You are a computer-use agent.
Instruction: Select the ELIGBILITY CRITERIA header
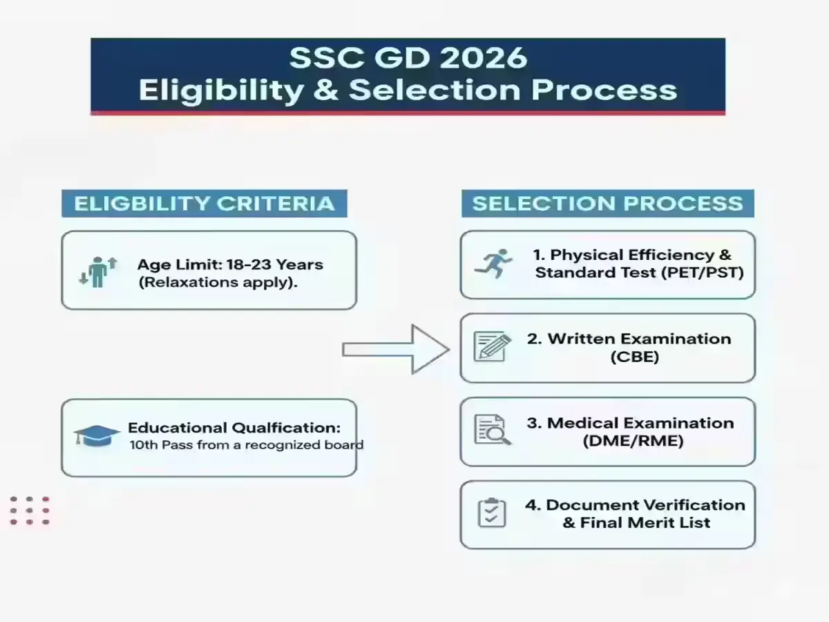click(204, 204)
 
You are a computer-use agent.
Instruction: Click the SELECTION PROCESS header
click(607, 204)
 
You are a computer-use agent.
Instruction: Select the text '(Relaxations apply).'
click(218, 282)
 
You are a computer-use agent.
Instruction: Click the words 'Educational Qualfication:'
click(234, 428)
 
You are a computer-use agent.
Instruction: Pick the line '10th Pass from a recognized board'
click(246, 445)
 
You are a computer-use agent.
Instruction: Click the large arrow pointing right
click(395, 350)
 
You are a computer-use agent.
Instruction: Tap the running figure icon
click(493, 264)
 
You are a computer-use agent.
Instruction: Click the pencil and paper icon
click(492, 346)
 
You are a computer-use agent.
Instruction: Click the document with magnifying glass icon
click(492, 429)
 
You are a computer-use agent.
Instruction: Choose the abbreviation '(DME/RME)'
click(633, 440)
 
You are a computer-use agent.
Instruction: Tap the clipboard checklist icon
click(492, 513)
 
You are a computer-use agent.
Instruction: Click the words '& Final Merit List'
click(636, 522)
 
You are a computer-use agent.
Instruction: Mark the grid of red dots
click(30, 511)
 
